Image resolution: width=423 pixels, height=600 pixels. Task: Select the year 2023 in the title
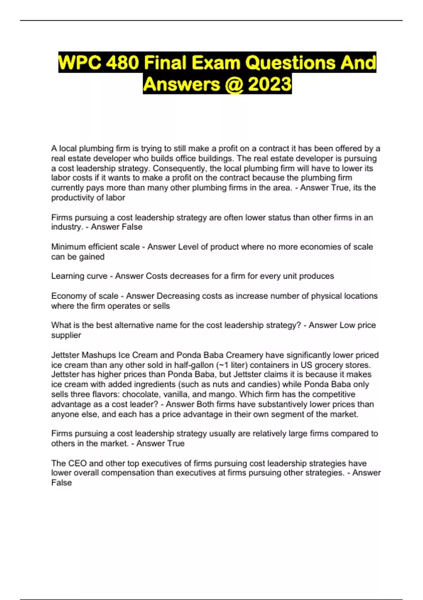269,84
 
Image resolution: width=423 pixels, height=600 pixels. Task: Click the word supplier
66,335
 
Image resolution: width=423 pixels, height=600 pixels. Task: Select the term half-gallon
194,365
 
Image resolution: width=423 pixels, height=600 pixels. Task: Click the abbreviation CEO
77,463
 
